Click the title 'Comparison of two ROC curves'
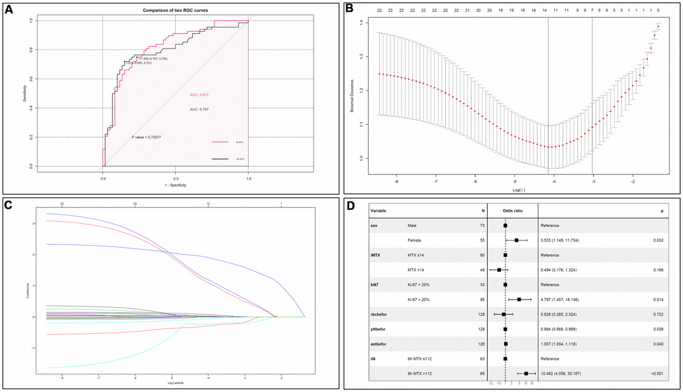175,11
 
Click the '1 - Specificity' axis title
175,185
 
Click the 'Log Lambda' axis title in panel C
171,382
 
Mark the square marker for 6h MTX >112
526,373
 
